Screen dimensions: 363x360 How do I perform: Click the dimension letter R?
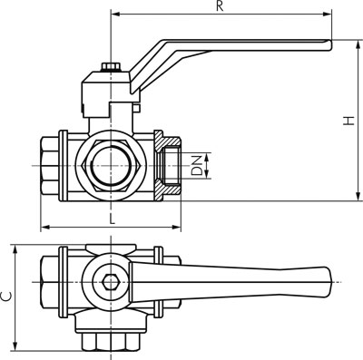(x=220, y=6)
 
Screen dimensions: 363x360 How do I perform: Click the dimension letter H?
(x=348, y=121)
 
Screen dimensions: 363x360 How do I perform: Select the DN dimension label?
(x=198, y=166)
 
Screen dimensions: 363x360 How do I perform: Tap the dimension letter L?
(x=113, y=219)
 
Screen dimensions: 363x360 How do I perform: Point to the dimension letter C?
(x=6, y=297)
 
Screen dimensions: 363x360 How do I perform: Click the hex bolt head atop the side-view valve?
(x=111, y=66)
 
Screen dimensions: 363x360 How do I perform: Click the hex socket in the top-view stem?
(x=111, y=282)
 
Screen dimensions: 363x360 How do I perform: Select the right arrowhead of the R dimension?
(x=328, y=14)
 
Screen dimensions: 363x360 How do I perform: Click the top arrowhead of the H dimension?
(x=358, y=44)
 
